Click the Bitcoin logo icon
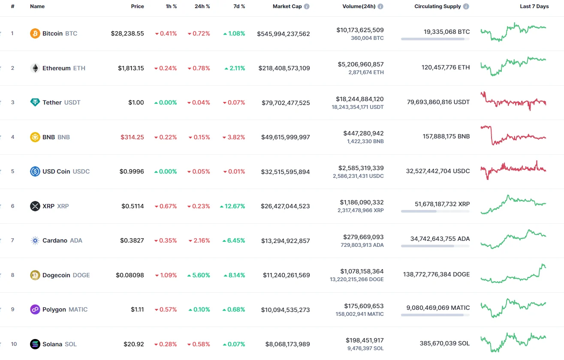35,33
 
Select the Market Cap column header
287,6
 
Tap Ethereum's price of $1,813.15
131,68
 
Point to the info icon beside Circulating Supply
466,6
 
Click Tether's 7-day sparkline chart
513,102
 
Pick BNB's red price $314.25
132,137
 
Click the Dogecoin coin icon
35,275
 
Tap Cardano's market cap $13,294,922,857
285,241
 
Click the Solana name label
52,344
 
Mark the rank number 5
12,171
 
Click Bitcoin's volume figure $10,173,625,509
360,30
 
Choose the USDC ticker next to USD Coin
81,171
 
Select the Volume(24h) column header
359,6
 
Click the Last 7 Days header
534,6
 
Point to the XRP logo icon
35,206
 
